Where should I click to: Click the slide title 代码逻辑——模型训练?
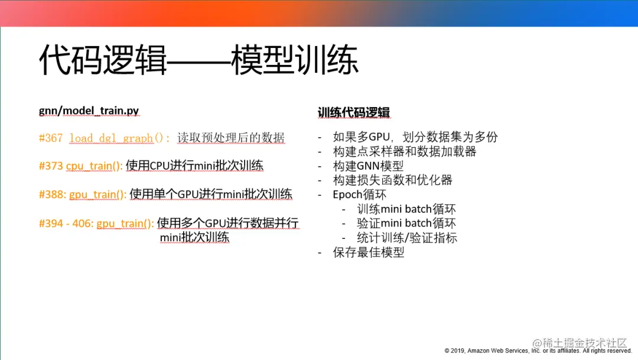click(198, 60)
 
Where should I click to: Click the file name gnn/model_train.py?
click(89, 111)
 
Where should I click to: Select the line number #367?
click(51, 138)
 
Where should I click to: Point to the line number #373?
click(51, 166)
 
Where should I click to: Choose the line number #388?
click(53, 194)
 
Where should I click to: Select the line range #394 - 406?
click(66, 223)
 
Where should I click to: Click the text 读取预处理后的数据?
click(231, 138)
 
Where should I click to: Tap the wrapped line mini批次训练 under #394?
click(194, 237)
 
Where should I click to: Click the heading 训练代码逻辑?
click(354, 112)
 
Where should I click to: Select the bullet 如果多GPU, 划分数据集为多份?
click(415, 137)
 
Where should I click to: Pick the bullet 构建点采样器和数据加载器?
click(405, 151)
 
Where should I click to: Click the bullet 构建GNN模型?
click(368, 166)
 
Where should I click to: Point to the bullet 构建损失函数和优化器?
click(392, 180)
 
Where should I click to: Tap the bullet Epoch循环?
click(359, 194)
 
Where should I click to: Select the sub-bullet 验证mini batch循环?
click(406, 223)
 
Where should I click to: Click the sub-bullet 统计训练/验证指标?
click(407, 238)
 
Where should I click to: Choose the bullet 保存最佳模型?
click(368, 252)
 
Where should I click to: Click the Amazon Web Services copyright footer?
click(538, 351)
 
